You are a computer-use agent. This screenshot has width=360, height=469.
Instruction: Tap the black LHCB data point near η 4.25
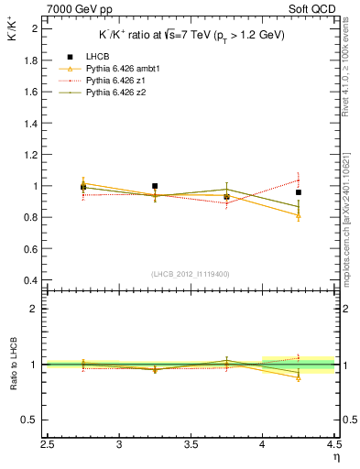coord(299,192)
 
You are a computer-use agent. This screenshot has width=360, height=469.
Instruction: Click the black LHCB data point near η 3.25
coord(155,186)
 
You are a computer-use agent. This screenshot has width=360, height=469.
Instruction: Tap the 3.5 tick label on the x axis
coord(191,446)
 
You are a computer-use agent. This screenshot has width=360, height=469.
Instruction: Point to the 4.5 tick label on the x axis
coord(333,446)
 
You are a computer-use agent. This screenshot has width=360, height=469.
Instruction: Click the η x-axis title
coord(336,457)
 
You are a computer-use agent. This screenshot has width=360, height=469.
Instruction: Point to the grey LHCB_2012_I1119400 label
coord(191,274)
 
